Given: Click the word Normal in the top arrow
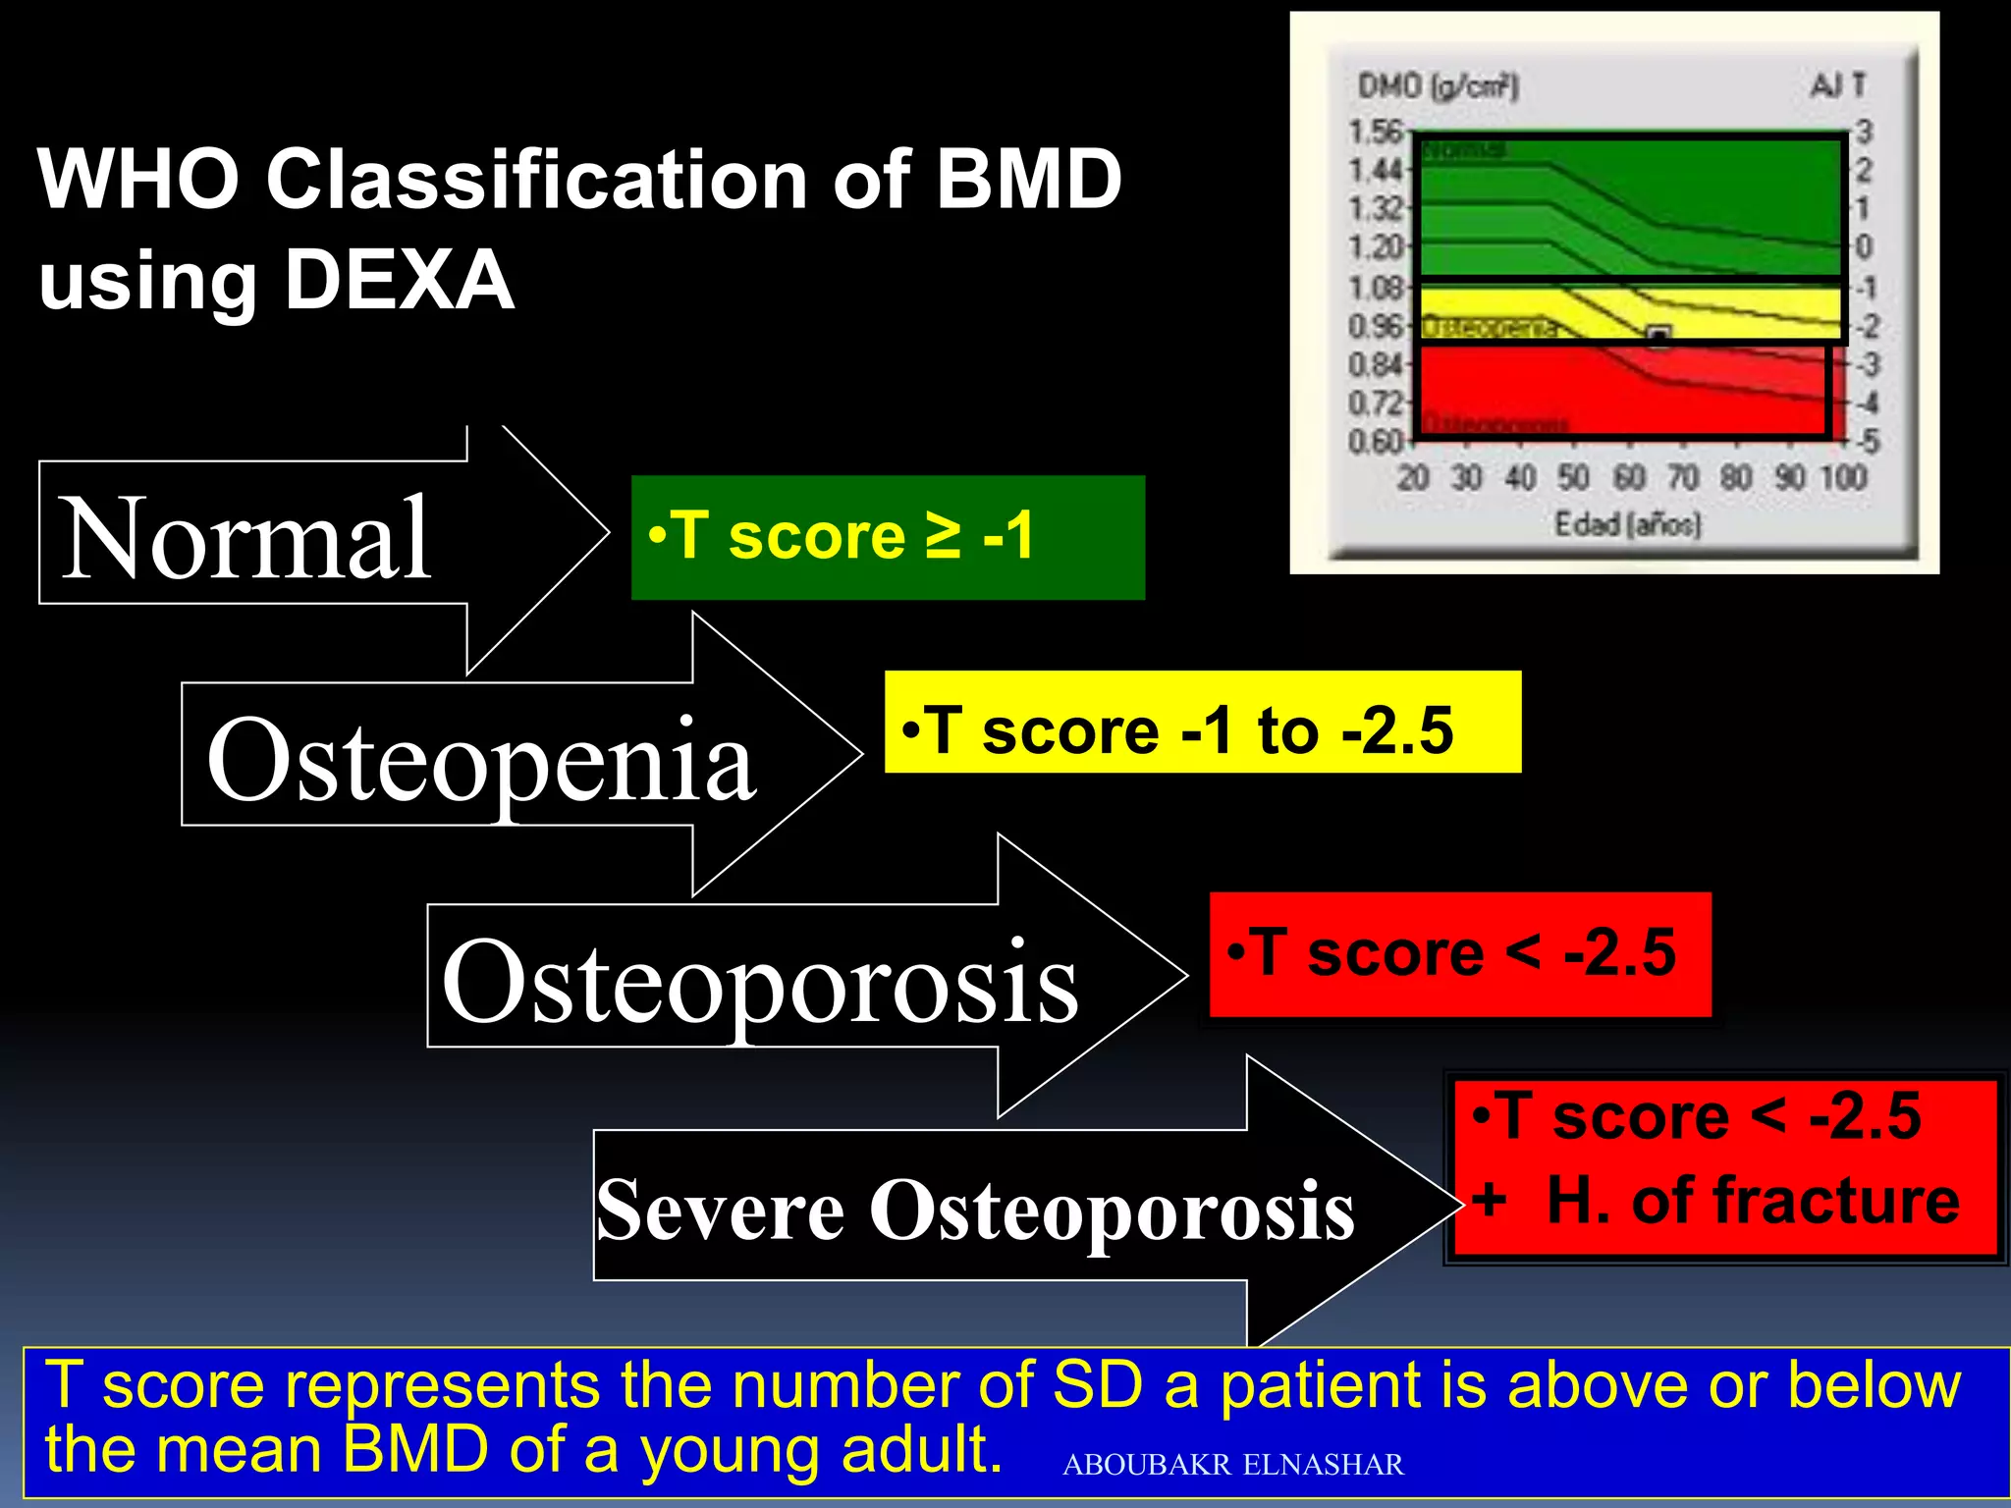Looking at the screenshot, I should [245, 538].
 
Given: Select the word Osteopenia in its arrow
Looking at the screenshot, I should [481, 760].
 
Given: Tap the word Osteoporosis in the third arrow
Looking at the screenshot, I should [760, 981].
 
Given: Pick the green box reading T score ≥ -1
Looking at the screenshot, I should [888, 537].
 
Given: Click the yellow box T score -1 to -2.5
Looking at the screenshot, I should [1202, 723].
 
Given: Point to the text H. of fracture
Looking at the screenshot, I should [1753, 1200].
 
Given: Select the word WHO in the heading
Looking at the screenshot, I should [137, 179].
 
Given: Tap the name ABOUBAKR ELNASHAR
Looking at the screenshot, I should [1232, 1465].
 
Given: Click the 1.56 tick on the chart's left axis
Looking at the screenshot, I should [1375, 132].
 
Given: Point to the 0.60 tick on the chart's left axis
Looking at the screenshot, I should [1375, 442].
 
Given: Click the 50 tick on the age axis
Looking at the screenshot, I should [1573, 478].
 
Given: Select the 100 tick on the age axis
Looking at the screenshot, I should [1843, 478].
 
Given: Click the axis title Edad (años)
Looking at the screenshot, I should [1627, 524].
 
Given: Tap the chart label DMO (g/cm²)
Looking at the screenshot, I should [1438, 86].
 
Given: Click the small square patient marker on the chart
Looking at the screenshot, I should [1658, 337].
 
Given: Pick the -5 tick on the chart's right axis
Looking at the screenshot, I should [1867, 442].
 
